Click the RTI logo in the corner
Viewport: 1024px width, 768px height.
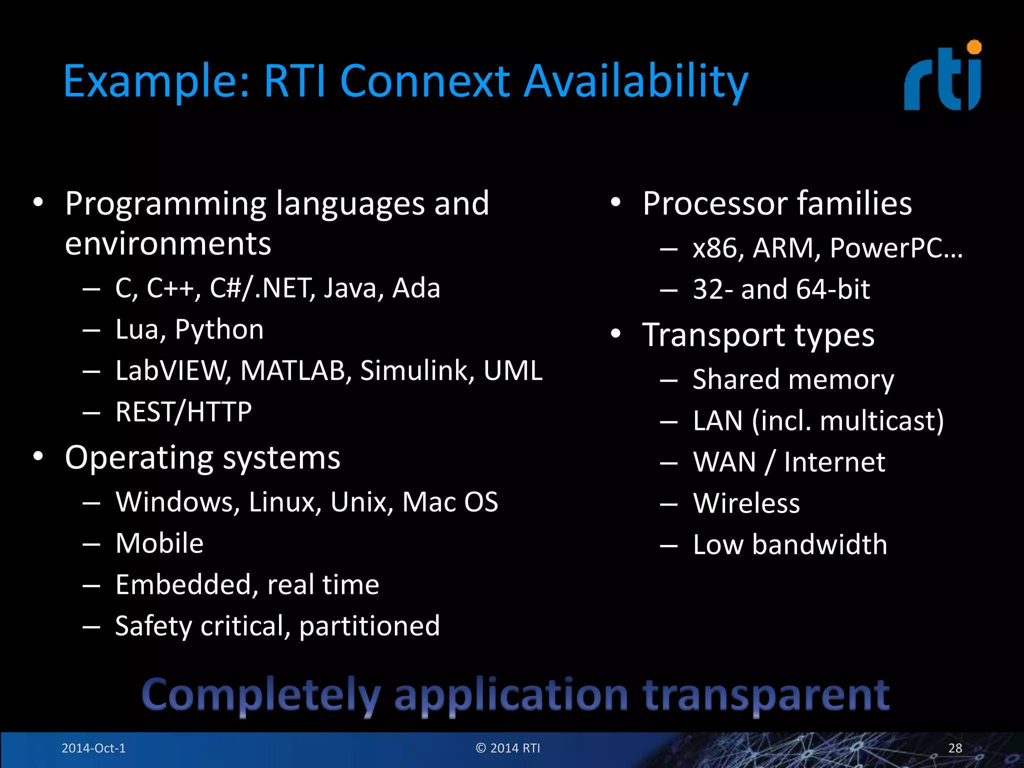coord(942,77)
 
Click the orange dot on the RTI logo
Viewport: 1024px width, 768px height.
coord(974,47)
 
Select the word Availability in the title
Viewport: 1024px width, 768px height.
coord(636,81)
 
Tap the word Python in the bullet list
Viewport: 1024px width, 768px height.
coord(219,330)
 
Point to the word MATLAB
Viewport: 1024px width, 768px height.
coord(293,370)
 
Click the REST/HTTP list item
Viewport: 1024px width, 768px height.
coord(183,412)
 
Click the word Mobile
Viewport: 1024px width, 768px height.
coord(159,543)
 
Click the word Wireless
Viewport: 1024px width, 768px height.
coord(746,503)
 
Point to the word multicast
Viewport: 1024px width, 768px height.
coord(881,421)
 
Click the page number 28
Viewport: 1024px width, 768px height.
coord(955,748)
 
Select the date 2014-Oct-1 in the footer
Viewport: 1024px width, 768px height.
coord(93,748)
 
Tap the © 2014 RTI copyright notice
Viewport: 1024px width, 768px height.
coord(508,748)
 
